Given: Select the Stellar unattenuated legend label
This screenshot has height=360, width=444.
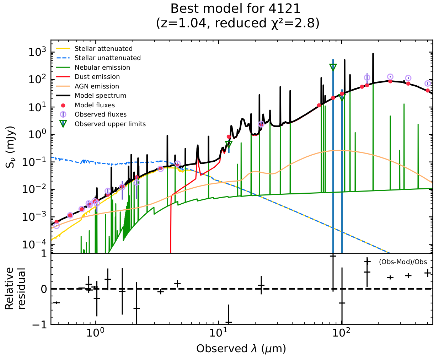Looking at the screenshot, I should tap(107, 58).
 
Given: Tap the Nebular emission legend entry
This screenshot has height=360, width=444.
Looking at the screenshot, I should tap(102, 68).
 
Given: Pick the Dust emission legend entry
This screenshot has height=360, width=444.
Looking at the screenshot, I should tap(97, 77).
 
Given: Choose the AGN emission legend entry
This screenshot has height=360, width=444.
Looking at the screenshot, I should tap(97, 86).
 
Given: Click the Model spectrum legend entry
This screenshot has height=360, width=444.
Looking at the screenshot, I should tap(100, 96).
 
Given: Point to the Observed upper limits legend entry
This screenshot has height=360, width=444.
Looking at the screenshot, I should tap(110, 124).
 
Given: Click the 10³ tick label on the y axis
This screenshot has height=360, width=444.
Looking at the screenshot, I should tap(37, 52).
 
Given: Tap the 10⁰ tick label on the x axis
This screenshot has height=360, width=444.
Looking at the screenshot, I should tap(95, 334).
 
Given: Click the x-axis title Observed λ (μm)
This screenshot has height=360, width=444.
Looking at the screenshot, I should tap(241, 349).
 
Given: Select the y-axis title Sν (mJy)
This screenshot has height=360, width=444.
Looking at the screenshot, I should tap(10, 147).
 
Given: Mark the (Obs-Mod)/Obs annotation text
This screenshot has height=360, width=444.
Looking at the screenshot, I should tap(403, 262).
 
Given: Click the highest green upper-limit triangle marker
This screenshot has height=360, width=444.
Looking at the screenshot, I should tap(333, 67).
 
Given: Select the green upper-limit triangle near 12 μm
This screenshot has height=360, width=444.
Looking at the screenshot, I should tap(229, 144).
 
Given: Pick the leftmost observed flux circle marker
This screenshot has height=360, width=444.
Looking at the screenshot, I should tap(56, 226).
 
